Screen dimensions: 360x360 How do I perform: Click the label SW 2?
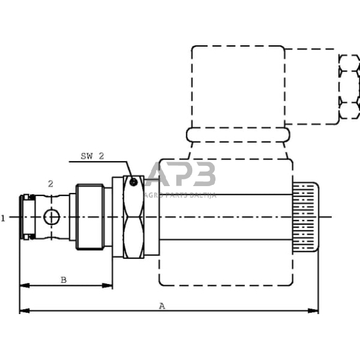pos(92,156)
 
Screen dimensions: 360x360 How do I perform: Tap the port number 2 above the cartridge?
pos(50,183)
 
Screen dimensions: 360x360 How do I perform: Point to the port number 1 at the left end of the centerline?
pos(3,217)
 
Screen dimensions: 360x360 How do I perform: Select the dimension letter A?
pos(162,306)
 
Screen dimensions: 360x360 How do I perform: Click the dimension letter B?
pos(63,280)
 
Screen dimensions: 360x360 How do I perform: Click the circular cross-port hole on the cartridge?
pos(52,217)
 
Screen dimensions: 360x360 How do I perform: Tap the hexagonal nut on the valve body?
pos(133,217)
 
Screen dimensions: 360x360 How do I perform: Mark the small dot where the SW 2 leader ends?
pos(133,181)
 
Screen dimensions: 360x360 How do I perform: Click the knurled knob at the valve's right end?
pos(304,217)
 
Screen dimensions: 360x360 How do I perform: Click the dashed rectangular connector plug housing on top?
pos(238,86)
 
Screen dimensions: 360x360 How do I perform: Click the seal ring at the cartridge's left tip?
pos(26,217)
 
